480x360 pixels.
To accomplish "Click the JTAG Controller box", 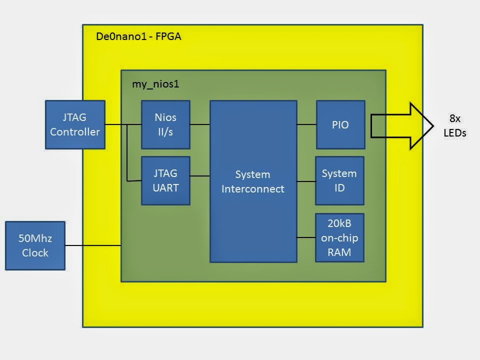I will coord(75,124).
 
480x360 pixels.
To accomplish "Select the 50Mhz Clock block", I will coord(35,245).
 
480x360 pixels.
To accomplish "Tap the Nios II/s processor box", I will coord(165,124).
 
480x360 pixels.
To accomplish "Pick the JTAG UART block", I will coord(165,180).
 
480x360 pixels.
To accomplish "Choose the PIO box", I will coord(340,124).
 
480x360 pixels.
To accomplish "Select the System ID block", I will coord(339,180).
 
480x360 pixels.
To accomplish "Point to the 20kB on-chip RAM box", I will coord(339,237).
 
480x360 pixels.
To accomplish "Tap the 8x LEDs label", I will coord(454,126).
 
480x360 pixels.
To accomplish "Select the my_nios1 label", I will coord(155,84).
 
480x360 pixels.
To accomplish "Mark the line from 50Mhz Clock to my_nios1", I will coord(93,245).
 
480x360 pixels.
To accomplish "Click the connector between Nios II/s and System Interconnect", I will coord(200,124).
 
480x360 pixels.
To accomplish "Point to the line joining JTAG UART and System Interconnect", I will coord(200,175).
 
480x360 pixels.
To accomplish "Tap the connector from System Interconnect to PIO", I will coord(306,124).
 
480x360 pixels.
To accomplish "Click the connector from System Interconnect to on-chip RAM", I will coord(306,237).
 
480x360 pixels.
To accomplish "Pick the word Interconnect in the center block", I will coord(253,189).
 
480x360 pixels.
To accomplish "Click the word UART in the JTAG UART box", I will coord(165,187).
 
